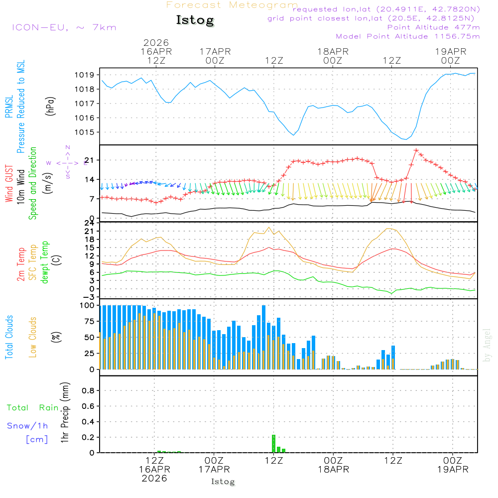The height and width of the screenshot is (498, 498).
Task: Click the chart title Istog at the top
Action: click(195, 20)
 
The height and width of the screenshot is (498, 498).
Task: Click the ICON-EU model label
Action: click(64, 27)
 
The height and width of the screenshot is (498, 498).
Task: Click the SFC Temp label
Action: click(33, 261)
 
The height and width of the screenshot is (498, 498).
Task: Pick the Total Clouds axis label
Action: click(9, 337)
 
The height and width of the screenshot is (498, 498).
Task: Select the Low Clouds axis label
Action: click(33, 337)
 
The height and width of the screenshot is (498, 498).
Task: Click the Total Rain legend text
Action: click(32, 407)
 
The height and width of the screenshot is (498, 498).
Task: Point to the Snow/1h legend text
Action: click(28, 426)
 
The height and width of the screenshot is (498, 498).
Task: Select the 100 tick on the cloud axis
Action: click(88, 305)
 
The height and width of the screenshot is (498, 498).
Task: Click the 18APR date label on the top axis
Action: click(333, 51)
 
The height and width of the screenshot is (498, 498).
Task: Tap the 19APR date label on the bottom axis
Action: click(452, 470)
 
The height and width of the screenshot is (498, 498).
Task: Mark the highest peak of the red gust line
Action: click(416, 150)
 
